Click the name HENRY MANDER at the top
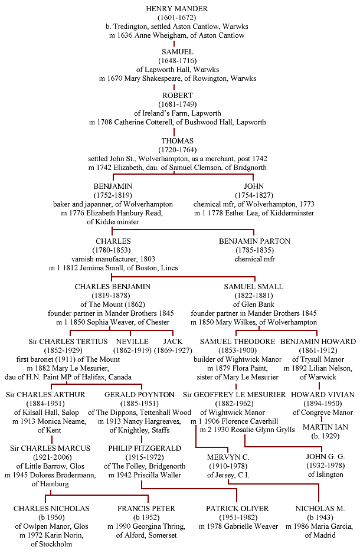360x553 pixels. [x=177, y=8]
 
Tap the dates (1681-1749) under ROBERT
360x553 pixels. [x=178, y=104]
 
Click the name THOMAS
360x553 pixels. [x=178, y=140]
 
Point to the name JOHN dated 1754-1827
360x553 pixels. [x=254, y=186]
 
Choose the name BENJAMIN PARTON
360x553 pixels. [x=254, y=241]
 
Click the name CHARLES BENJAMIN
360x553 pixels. [x=113, y=287]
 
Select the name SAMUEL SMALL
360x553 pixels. [x=254, y=287]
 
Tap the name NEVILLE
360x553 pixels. [x=132, y=341]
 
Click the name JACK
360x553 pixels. [x=173, y=341]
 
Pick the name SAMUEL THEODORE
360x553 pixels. [x=237, y=341]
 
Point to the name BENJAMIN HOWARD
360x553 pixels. [x=318, y=341]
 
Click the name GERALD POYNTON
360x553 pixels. [x=139, y=395]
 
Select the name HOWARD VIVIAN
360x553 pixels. [x=323, y=395]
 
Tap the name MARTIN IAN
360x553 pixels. [x=325, y=427]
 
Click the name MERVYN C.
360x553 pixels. [x=228, y=457]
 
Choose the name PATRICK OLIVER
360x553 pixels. [x=237, y=509]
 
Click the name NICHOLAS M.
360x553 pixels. [x=320, y=509]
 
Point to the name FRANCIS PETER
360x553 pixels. [x=146, y=509]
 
